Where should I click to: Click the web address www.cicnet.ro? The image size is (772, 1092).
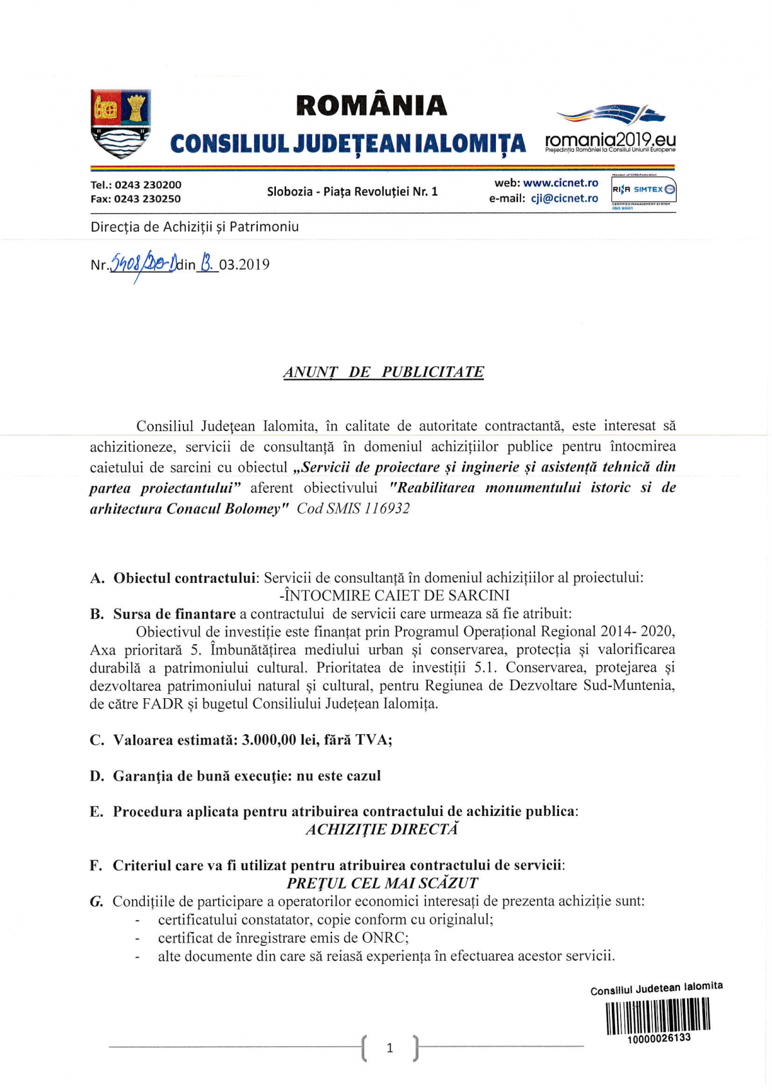[x=560, y=183]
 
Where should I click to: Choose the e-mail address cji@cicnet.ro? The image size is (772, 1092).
[x=564, y=199]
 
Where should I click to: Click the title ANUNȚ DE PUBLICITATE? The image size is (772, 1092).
[x=383, y=373]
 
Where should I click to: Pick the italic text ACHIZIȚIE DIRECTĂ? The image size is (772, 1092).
[x=382, y=829]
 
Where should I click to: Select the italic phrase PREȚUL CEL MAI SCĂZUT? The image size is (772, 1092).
[x=382, y=884]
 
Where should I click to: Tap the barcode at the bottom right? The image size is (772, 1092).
[x=658, y=1016]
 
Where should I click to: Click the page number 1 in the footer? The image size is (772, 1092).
[x=389, y=1048]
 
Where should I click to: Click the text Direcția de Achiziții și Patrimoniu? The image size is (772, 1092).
[x=194, y=227]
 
